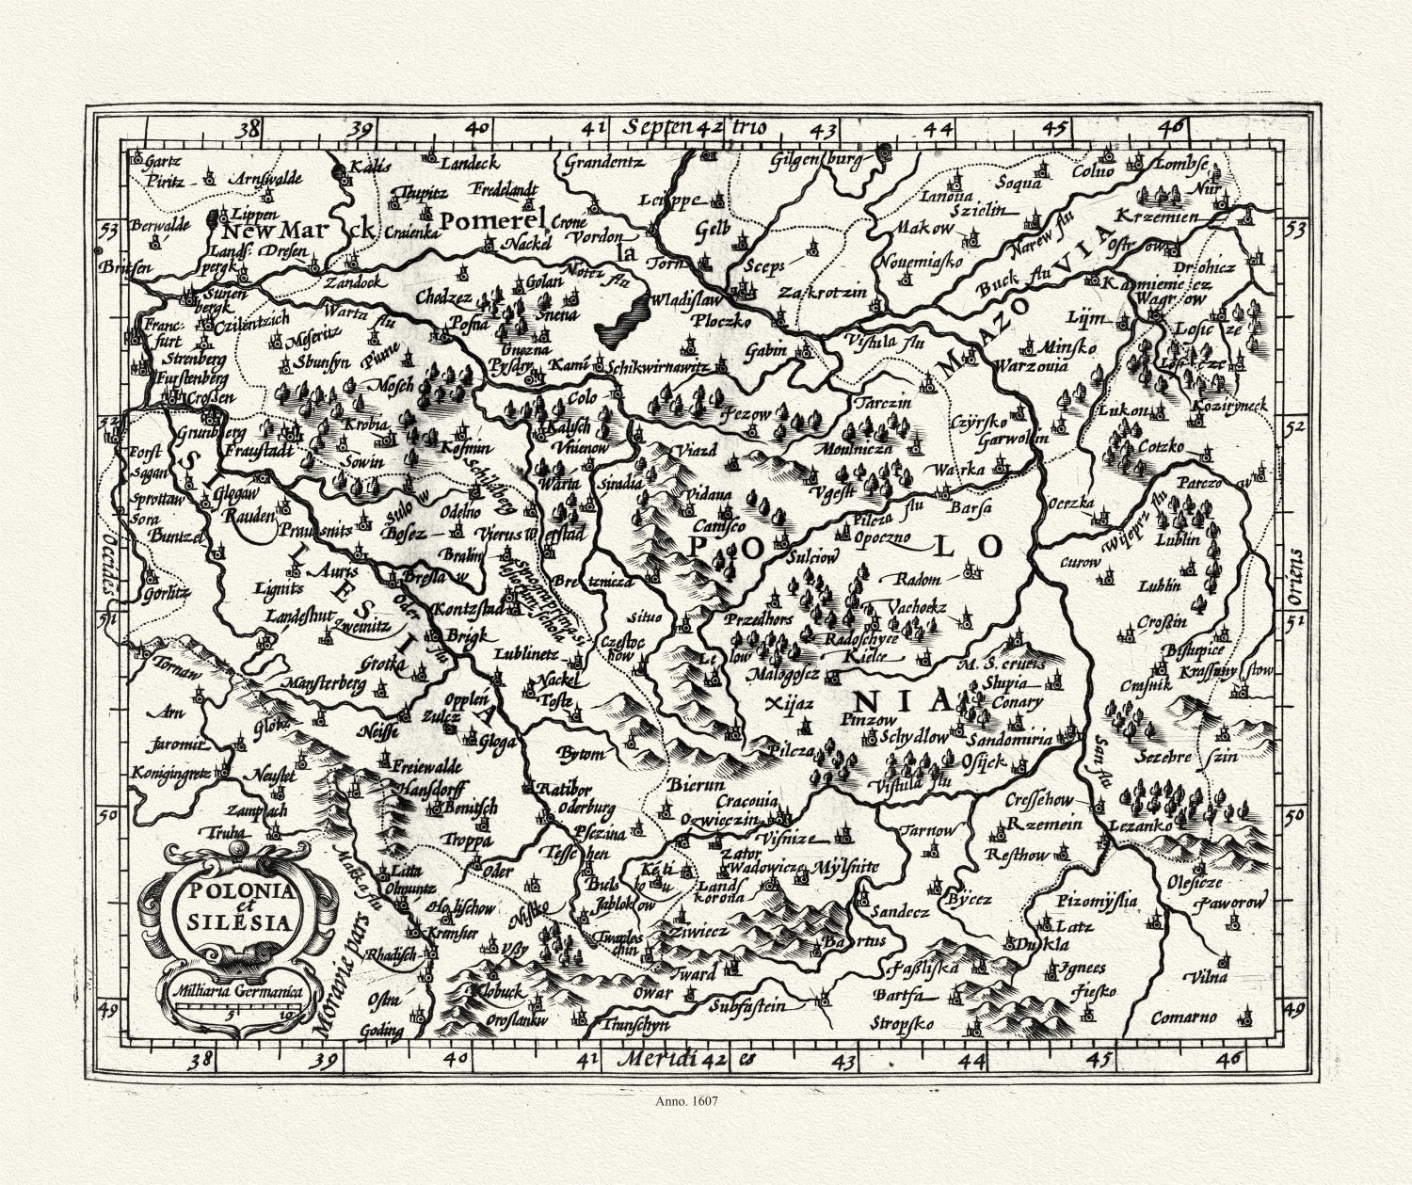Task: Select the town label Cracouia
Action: [x=746, y=800]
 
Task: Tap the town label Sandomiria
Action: [x=1009, y=740]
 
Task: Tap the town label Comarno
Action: [x=1186, y=1017]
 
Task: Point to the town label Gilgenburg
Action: [x=815, y=160]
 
